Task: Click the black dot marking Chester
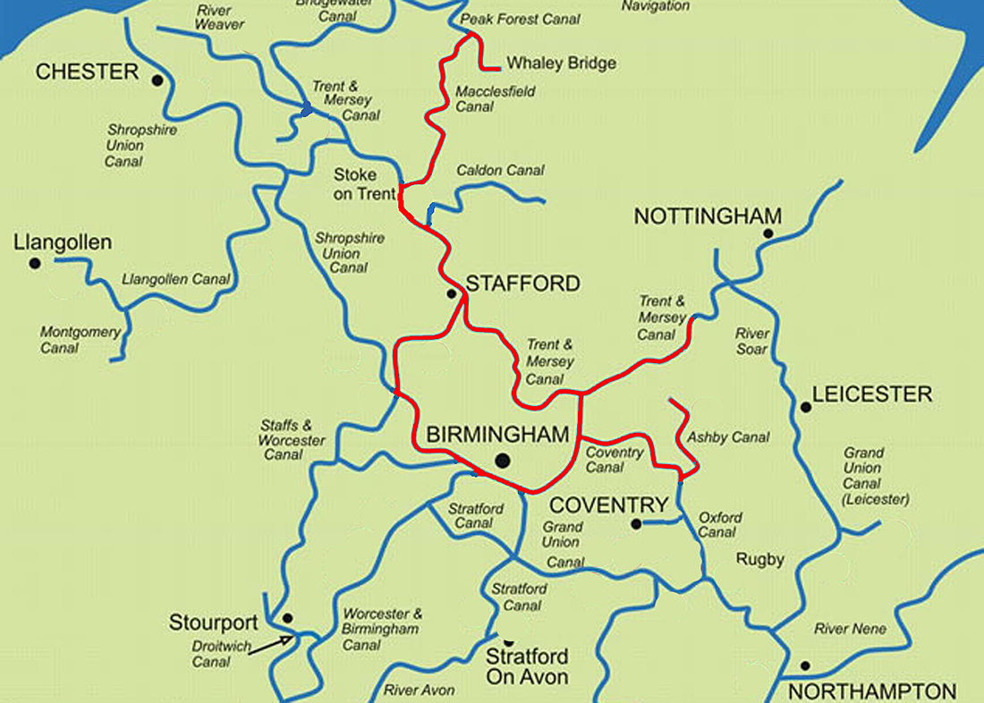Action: [x=157, y=80]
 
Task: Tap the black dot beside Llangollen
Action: [x=35, y=263]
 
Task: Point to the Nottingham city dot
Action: [x=768, y=233]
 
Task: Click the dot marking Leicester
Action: [x=806, y=407]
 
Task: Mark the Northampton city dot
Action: [x=805, y=665]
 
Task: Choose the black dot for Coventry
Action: [x=636, y=524]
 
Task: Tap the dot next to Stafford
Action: [x=452, y=292]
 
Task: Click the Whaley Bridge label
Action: [x=561, y=64]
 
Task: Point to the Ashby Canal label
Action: [x=727, y=437]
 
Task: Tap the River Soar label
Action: [x=751, y=341]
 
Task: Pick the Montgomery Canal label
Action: [x=80, y=340]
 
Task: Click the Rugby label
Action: [x=759, y=560]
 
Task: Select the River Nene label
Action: [x=850, y=629]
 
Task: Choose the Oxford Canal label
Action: [x=719, y=525]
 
